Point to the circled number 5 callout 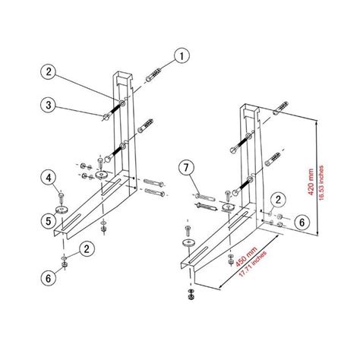click(x=48, y=221)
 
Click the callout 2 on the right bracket click(x=279, y=199)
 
